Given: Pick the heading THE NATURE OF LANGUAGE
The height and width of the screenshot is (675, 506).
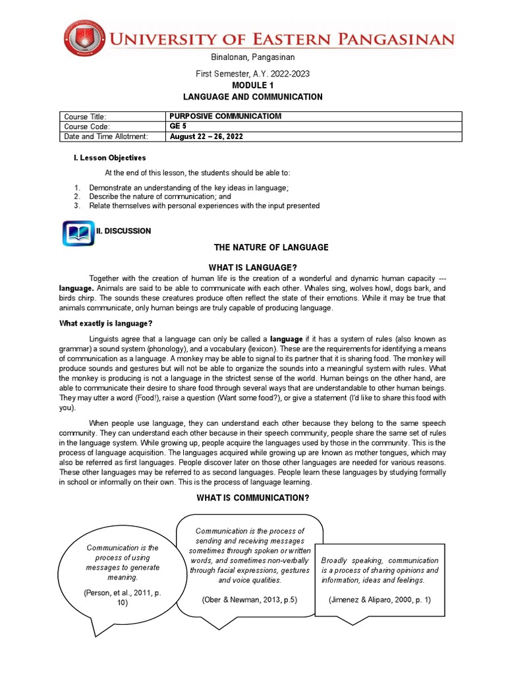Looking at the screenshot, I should click(271, 247).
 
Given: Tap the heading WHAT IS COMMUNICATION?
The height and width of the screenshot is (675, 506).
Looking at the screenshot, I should click(252, 497).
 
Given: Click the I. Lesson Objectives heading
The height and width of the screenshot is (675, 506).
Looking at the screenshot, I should click(109, 158).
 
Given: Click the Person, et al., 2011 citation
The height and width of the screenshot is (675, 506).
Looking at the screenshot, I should click(123, 597).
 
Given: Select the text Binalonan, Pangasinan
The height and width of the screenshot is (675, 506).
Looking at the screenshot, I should click(253, 58).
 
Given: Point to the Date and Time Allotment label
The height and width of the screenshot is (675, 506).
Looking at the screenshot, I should click(106, 136).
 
